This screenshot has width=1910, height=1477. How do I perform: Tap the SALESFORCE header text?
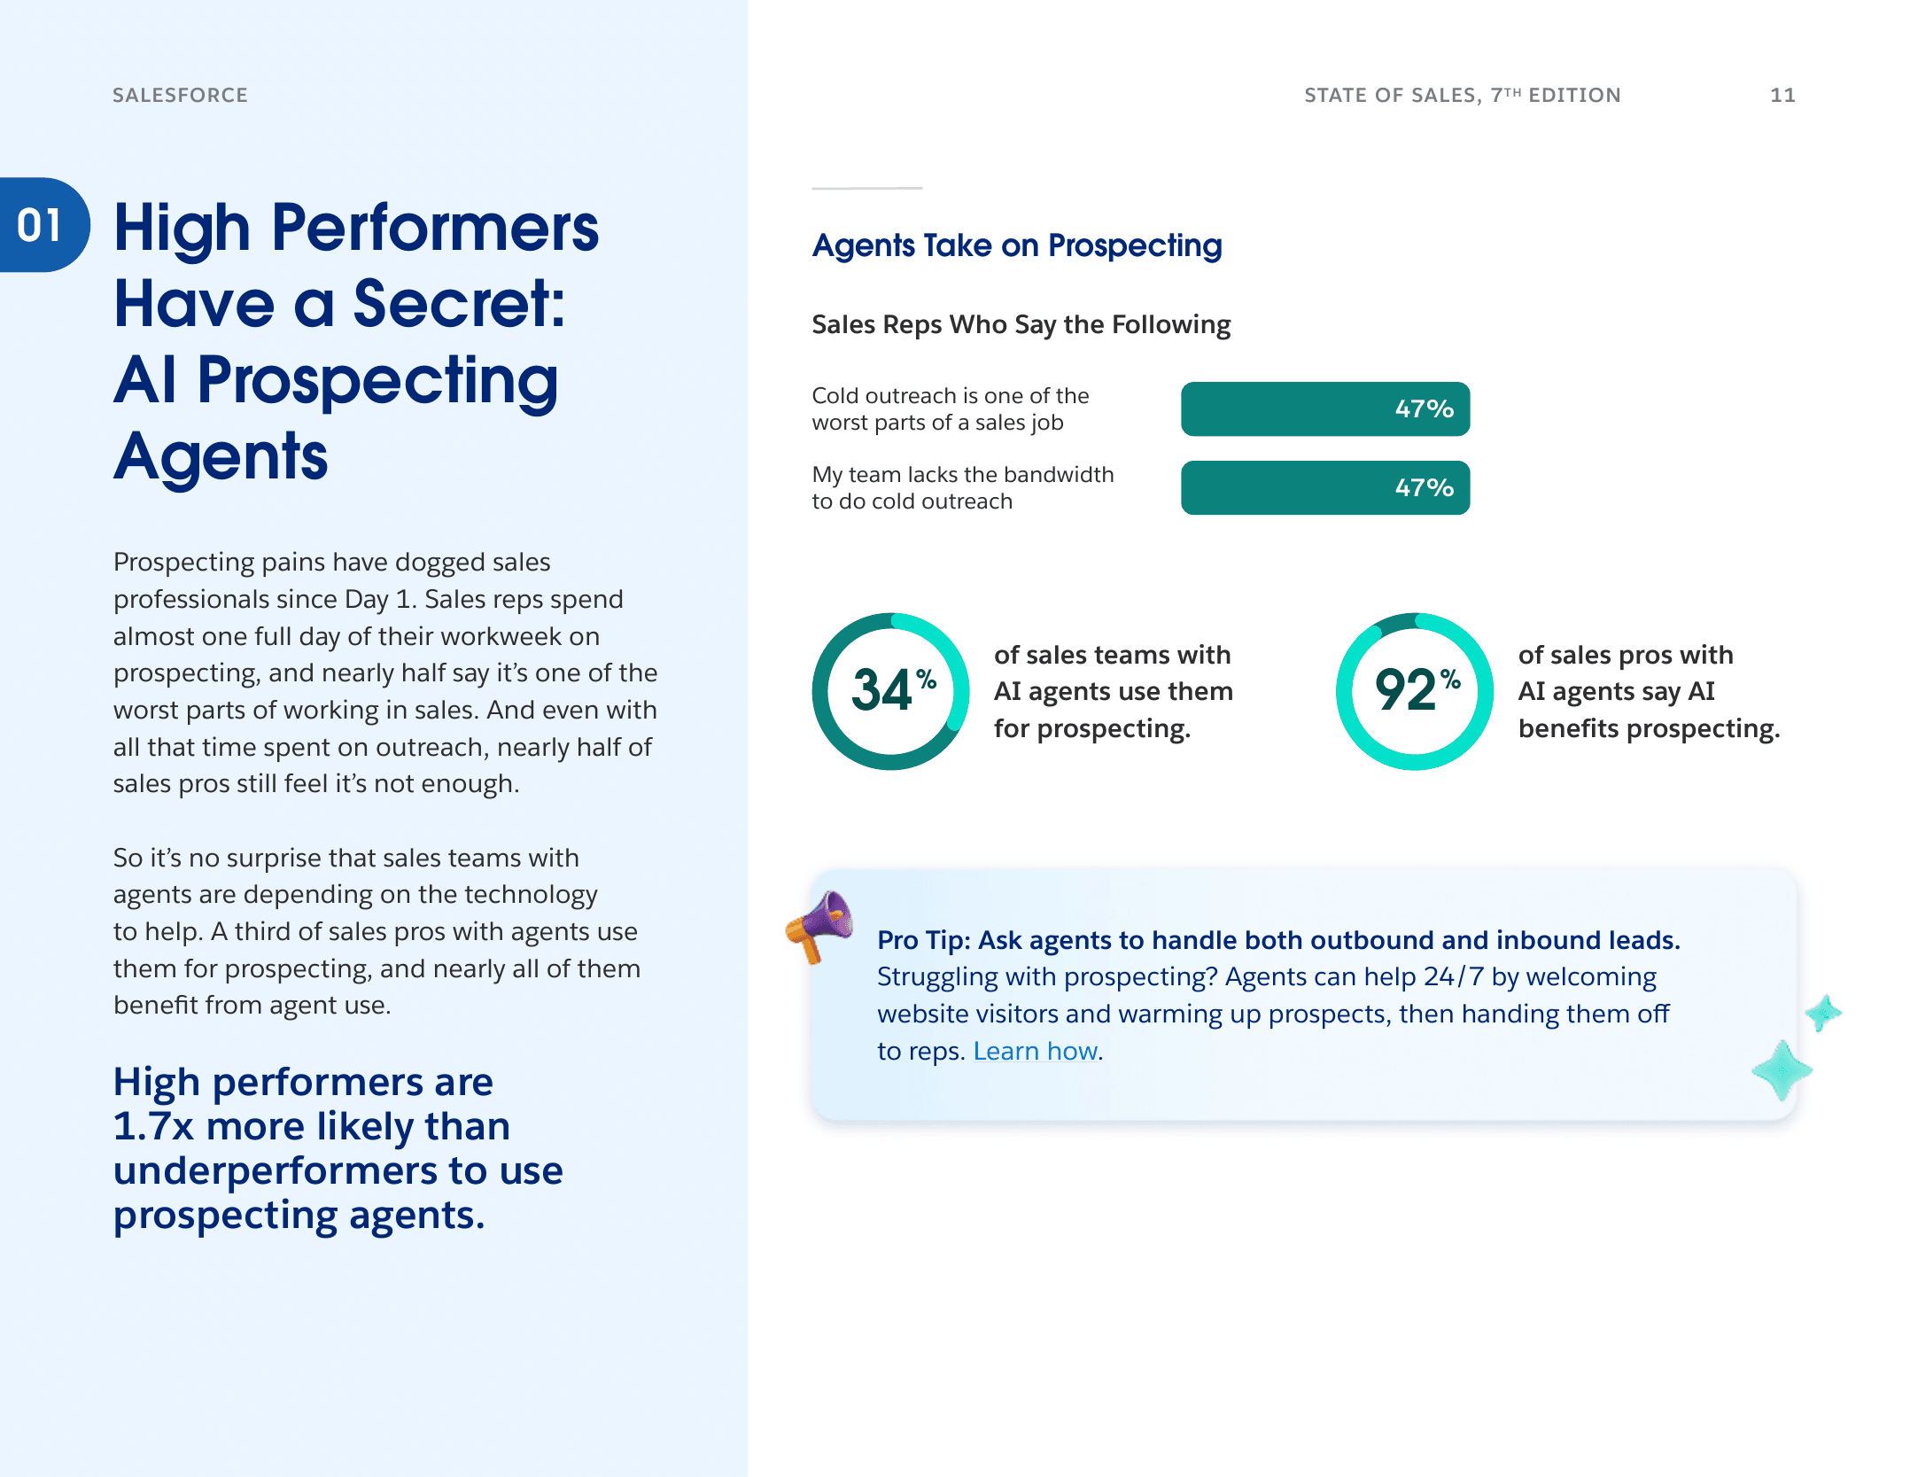point(180,95)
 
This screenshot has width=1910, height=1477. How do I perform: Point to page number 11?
point(1782,95)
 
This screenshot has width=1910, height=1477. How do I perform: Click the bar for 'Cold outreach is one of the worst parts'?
point(1324,408)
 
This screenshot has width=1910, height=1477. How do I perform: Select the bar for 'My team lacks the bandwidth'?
point(1324,487)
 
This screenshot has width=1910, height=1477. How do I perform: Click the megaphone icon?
point(820,925)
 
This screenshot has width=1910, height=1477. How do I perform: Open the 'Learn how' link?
point(1036,1051)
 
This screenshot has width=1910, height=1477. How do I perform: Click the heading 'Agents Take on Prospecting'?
point(1016,245)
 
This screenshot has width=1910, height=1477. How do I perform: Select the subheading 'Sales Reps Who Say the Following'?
point(1021,324)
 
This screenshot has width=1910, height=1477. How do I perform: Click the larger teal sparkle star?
point(1782,1070)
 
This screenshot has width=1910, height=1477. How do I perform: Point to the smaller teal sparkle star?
point(1823,1013)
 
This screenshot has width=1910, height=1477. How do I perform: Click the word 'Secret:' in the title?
point(459,303)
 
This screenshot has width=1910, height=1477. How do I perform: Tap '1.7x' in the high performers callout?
point(153,1126)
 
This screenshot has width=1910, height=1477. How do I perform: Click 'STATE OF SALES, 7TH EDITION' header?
point(1462,95)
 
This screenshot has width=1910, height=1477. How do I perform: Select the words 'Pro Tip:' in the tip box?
point(923,940)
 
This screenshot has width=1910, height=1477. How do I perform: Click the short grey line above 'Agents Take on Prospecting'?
point(866,188)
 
